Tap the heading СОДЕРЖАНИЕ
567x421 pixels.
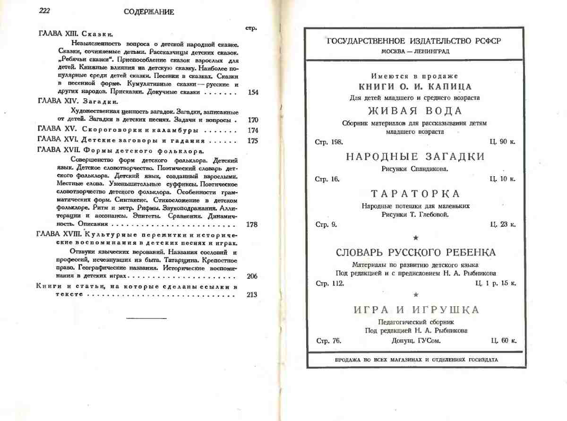[x=149, y=12]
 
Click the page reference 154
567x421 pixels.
[x=252, y=92]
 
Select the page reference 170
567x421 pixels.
[x=252, y=120]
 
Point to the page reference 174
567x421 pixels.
[x=252, y=130]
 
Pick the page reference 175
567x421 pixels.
[x=252, y=140]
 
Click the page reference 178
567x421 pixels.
[x=252, y=224]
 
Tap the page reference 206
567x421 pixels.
[x=252, y=276]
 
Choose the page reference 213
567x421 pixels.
[x=252, y=295]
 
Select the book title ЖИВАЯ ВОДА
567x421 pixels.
[x=414, y=111]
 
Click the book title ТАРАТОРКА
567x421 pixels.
[x=415, y=194]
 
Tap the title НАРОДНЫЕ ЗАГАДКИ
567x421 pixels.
[x=415, y=157]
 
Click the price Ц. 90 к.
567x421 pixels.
[x=503, y=142]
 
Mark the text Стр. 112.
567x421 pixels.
[x=329, y=284]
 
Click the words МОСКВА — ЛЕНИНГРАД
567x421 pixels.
[x=415, y=51]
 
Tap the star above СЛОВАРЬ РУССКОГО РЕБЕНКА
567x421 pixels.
[x=415, y=238]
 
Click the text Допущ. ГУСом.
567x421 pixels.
[x=416, y=341]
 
